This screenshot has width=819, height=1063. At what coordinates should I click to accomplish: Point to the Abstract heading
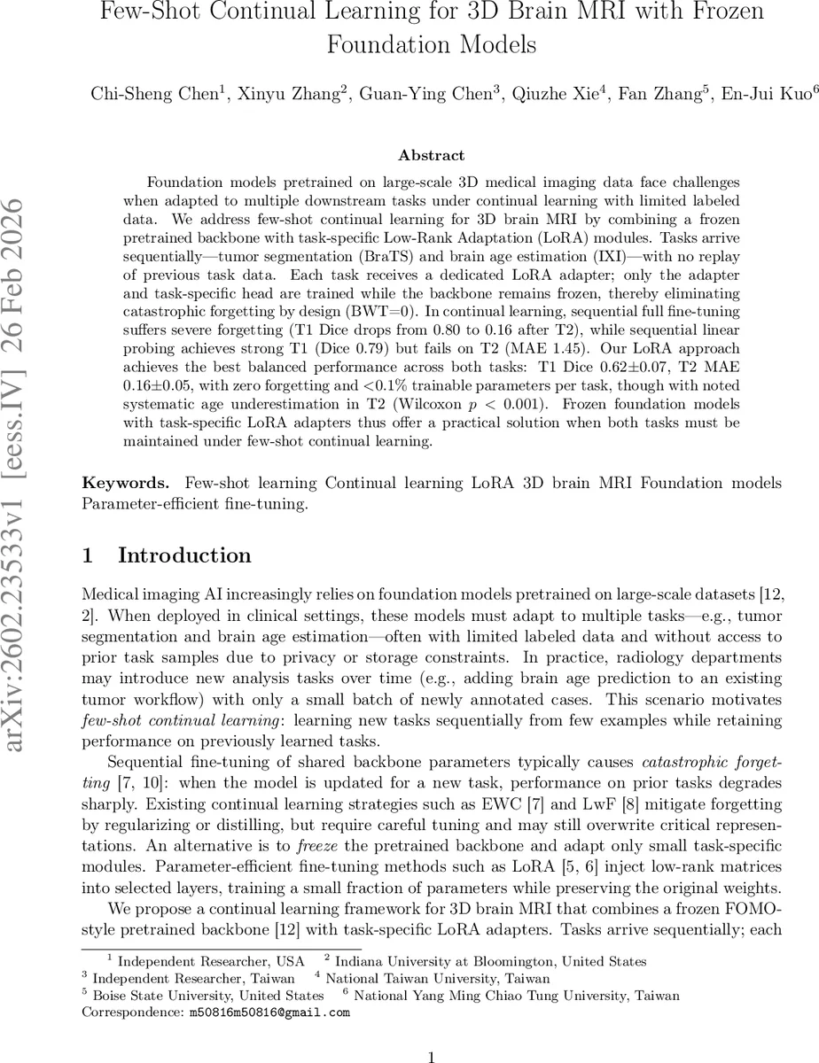pyautogui.click(x=431, y=155)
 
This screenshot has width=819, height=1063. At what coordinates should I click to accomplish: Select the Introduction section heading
pyautogui.click(x=184, y=555)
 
